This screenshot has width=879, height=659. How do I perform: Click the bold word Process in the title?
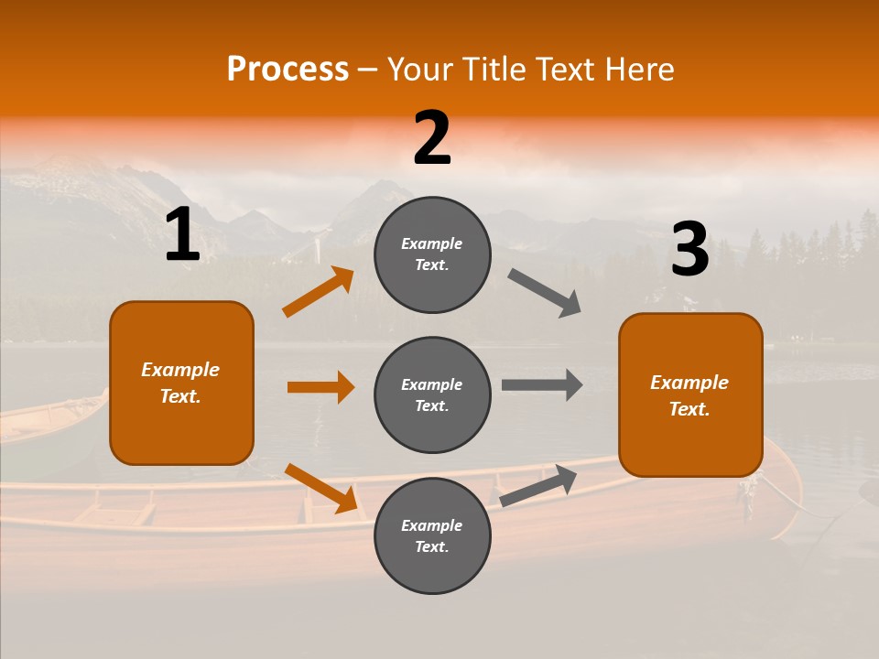pos(288,70)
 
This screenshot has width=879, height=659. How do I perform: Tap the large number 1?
pos(182,235)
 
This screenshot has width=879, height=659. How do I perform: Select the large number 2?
pos(432,138)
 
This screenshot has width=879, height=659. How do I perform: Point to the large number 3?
pos(690,250)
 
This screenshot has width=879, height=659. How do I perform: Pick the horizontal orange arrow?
pos(320,387)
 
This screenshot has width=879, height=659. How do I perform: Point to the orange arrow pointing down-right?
pos(320,488)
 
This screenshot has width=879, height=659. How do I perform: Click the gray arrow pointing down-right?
pos(545,293)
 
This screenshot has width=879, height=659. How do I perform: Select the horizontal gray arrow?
pos(542,385)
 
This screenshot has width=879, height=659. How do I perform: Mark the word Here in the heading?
pos(640,70)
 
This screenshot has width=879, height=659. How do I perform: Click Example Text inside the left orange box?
pos(180,383)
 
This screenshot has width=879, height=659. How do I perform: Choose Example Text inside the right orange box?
pos(689,395)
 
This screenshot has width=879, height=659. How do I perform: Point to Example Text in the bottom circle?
pos(432,536)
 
